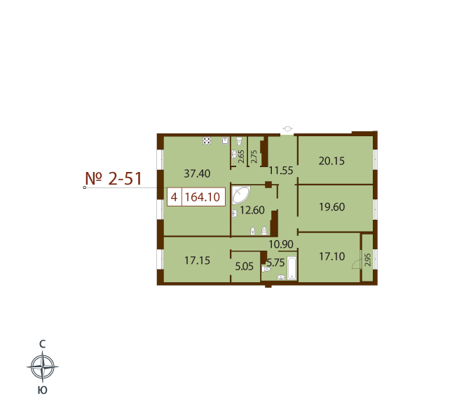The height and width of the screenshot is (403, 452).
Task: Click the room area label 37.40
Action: [197, 173]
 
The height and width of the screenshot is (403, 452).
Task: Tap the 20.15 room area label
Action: [331, 161]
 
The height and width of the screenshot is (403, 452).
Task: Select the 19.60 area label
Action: [331, 207]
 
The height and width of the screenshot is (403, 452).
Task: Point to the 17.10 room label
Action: [331, 256]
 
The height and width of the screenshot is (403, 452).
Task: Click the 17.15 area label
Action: [197, 260]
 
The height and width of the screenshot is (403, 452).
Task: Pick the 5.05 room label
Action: [244, 266]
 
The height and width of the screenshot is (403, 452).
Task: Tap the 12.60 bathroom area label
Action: [252, 210]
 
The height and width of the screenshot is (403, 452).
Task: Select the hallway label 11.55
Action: [281, 171]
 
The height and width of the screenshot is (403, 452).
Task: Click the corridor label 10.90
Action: [281, 244]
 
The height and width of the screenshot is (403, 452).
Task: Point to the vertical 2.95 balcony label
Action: [367, 259]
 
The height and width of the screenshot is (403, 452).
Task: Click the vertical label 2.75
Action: [254, 157]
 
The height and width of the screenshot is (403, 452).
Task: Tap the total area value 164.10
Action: [203, 197]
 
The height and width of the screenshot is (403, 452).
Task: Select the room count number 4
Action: [174, 197]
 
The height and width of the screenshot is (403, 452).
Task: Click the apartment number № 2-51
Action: [114, 178]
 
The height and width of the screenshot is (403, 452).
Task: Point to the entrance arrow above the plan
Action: [287, 129]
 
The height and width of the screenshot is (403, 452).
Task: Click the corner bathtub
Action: [240, 195]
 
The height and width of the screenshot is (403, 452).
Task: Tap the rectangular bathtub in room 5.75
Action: [292, 268]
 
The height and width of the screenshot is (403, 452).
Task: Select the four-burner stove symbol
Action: [207, 140]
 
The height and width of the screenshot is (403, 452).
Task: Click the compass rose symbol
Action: [43, 367]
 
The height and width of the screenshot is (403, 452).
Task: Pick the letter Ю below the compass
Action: [42, 390]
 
